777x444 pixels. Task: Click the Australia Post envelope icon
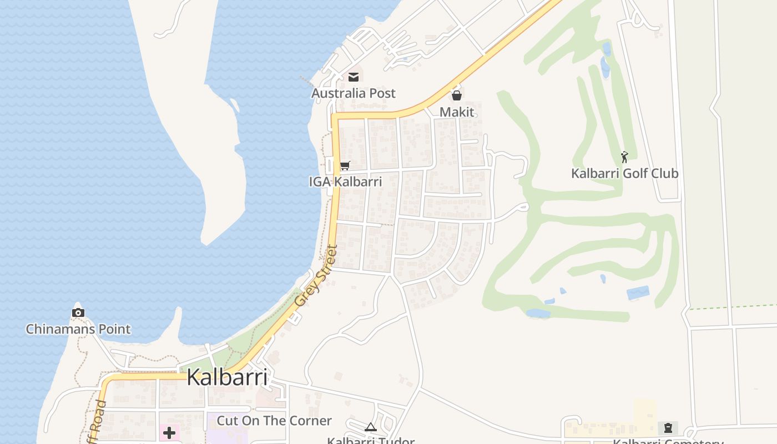click(354, 77)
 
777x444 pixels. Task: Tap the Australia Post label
click(354, 93)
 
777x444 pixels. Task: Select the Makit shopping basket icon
click(457, 95)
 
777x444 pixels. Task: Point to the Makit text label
click(457, 112)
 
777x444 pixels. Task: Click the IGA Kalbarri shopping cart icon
click(345, 165)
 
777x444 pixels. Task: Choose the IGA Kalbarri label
click(345, 181)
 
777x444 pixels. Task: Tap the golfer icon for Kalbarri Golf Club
click(624, 157)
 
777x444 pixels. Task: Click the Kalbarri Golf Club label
click(624, 174)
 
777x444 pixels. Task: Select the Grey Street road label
click(316, 276)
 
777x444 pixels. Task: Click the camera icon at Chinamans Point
click(78, 312)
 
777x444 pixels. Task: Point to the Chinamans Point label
click(78, 329)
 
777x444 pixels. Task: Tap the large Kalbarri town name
click(227, 377)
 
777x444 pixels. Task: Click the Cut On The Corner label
click(274, 421)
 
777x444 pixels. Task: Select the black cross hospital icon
click(169, 433)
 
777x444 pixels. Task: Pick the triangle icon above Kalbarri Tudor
click(371, 427)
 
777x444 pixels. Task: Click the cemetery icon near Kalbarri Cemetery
click(668, 428)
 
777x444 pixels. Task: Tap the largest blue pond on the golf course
click(638, 292)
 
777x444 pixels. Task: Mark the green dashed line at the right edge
click(733, 307)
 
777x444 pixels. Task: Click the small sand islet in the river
click(234, 104)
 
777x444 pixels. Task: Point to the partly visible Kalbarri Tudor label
click(371, 441)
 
